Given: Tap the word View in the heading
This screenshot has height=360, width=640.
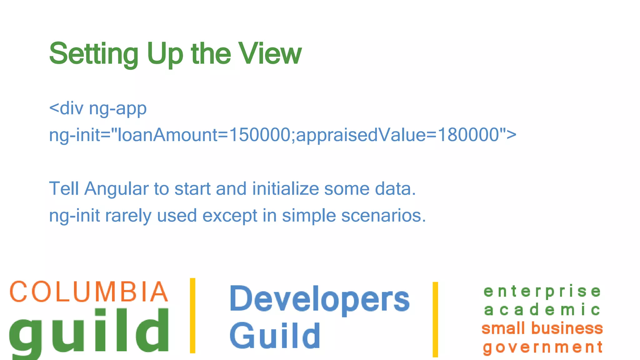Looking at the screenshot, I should (270, 54).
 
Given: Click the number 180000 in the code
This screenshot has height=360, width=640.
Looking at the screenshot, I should (468, 135).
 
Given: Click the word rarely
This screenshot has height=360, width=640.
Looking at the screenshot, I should (128, 216).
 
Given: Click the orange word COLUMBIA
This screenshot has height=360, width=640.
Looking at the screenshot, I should (89, 292).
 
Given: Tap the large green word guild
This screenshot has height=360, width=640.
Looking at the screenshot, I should (89, 331).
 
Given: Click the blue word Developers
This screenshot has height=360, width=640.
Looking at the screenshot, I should (319, 299).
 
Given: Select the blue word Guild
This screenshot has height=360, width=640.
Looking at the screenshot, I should (275, 336).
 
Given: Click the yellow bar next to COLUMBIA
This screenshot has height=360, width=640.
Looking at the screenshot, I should (192, 316).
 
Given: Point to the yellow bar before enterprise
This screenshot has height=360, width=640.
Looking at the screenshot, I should (435, 319).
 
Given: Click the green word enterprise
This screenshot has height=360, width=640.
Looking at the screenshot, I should (542, 292).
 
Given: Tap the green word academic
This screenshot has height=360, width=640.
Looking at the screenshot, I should (542, 310).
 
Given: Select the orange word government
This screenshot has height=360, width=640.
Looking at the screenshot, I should (542, 347).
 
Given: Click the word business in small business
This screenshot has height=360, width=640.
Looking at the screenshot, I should (567, 328).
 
